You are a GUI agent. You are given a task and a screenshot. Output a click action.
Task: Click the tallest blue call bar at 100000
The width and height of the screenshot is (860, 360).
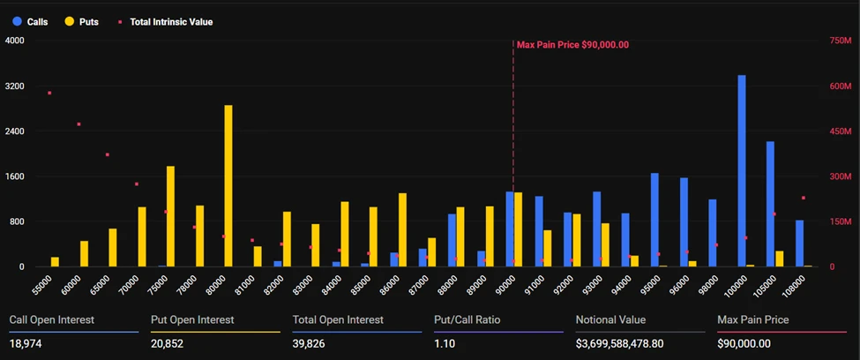point(742,171)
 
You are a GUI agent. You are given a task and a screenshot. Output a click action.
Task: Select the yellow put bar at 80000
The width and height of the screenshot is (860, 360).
point(228,186)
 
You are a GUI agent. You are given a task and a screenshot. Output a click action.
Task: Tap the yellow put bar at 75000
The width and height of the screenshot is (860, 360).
point(170,216)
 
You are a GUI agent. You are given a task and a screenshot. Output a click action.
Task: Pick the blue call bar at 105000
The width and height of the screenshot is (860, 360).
point(770,204)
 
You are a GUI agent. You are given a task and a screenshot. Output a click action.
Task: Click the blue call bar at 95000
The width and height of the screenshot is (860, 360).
point(654,220)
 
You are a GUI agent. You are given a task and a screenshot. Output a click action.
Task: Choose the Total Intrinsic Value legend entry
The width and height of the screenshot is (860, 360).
point(168,21)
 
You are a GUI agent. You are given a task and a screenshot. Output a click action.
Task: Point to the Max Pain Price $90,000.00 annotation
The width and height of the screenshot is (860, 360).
point(572,44)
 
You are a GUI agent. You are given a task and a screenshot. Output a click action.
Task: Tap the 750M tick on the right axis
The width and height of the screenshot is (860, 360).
point(841,41)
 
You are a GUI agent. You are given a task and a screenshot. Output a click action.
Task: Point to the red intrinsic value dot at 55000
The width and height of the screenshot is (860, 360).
point(49,93)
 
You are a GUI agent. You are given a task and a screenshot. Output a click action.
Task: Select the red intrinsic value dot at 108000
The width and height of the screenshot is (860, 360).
point(803,198)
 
